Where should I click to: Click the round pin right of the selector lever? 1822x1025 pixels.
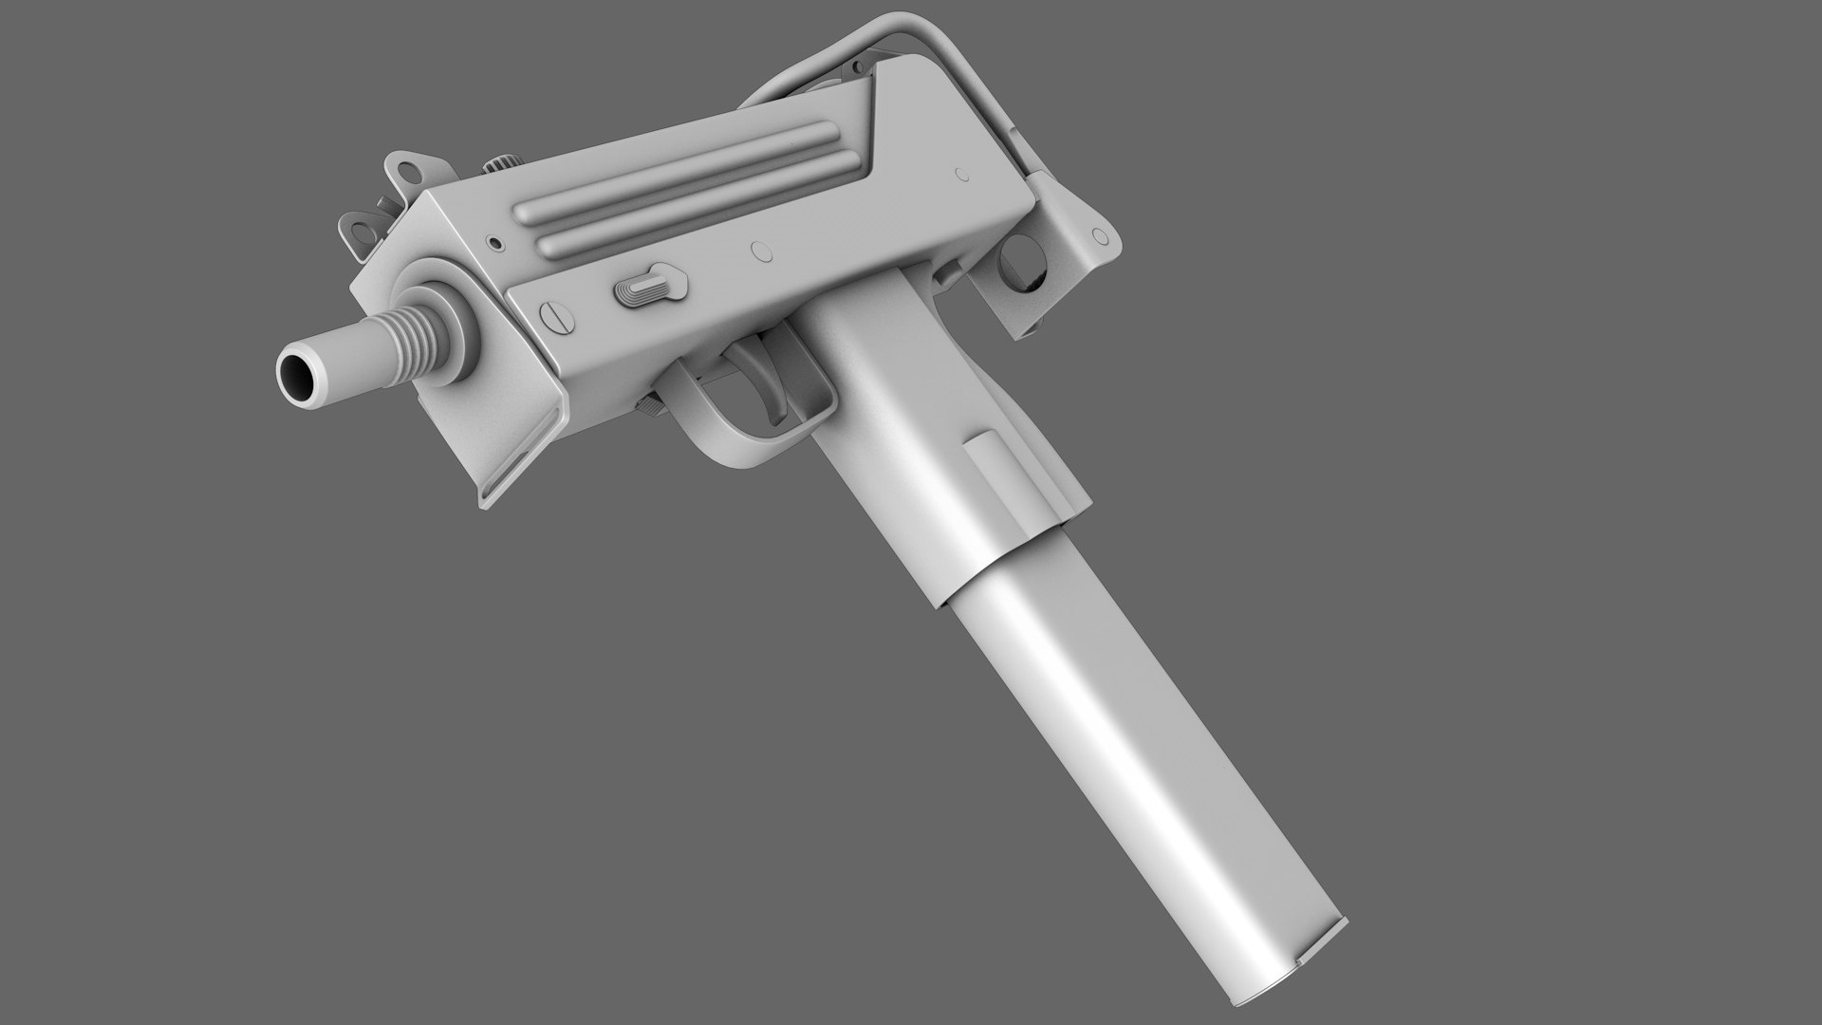point(760,252)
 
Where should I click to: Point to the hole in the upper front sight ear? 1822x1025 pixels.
point(409,171)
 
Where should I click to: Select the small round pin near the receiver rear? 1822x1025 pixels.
point(962,174)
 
